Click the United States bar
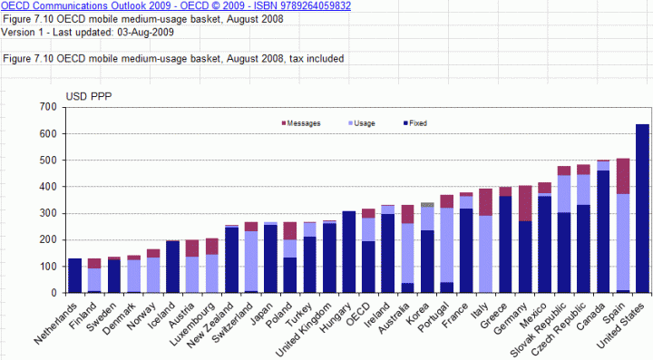pos(642,209)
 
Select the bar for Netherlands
pos(75,276)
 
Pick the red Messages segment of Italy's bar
pos(485,202)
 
